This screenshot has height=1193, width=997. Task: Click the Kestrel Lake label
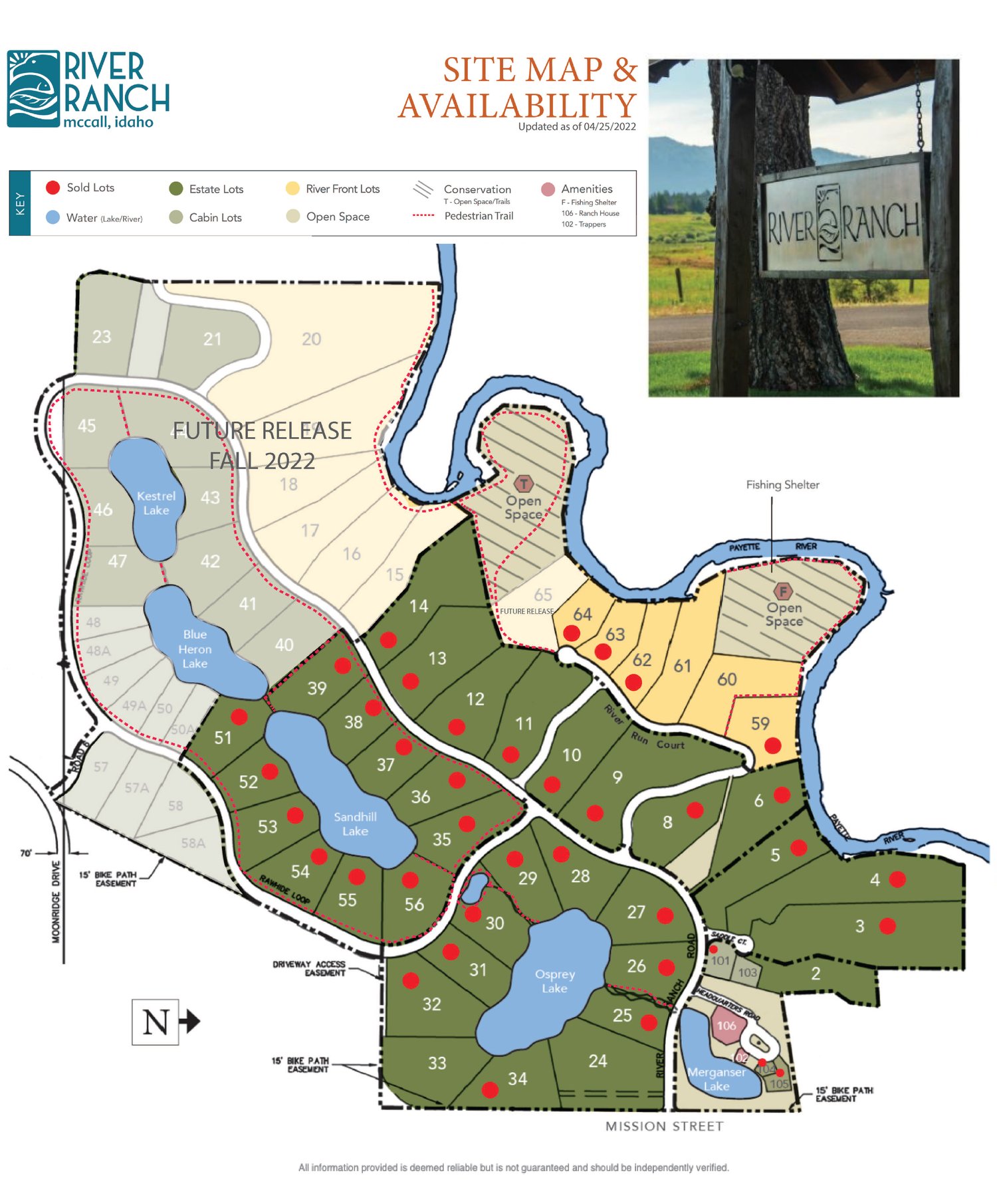click(156, 503)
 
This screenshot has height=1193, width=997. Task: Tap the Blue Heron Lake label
click(195, 648)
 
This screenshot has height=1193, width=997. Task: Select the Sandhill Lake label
click(355, 824)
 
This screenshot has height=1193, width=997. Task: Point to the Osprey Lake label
click(555, 980)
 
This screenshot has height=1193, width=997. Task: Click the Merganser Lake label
click(717, 1079)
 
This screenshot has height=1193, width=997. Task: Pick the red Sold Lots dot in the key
click(53, 187)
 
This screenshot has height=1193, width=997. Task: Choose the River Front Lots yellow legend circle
click(292, 189)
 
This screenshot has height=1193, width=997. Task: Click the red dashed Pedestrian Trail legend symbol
click(423, 216)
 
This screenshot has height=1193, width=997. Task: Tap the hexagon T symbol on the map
click(524, 484)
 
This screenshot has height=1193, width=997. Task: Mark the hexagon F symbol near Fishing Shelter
click(783, 591)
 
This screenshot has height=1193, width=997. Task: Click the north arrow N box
click(156, 1022)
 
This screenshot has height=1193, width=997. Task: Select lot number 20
click(311, 339)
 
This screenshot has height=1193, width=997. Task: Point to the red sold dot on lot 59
click(772, 745)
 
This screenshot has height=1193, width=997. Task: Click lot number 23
click(102, 337)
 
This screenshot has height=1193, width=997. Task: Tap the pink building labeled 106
click(726, 1025)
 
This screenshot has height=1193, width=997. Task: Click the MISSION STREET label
click(664, 1126)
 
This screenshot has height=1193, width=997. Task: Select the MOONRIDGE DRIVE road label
click(56, 901)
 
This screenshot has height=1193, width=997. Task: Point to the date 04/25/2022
click(609, 126)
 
